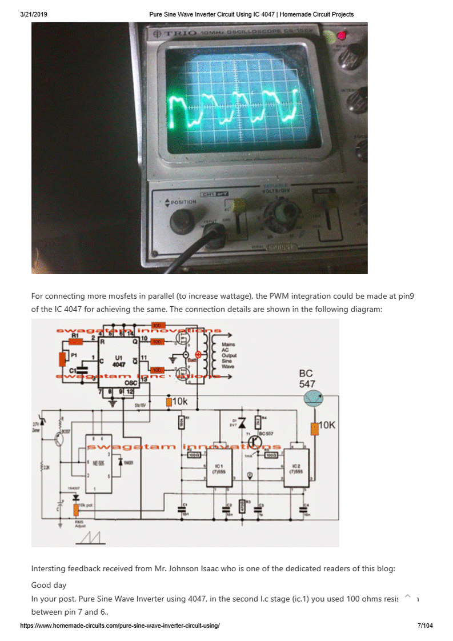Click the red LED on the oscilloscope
(342, 35)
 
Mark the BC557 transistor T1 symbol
(255, 441)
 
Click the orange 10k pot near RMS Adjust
(75, 509)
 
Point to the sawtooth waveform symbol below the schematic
(91, 538)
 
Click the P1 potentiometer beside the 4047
(63, 358)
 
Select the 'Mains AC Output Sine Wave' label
(228, 355)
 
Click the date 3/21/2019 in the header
(34, 14)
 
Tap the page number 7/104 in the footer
(425, 626)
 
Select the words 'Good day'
(49, 585)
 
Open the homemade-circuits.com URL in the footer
(120, 626)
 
